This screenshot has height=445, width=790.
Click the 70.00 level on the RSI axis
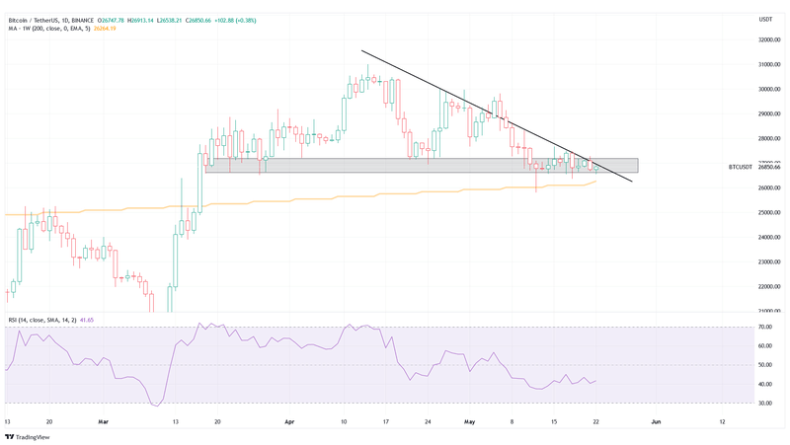763,327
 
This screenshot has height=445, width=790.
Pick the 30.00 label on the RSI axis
763,403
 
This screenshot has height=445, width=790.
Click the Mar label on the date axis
103,420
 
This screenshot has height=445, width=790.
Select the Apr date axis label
289,420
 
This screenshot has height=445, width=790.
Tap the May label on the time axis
470,420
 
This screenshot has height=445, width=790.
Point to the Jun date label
656,420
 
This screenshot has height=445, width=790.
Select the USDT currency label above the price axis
764,20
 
